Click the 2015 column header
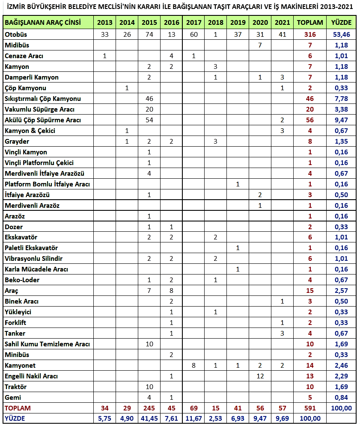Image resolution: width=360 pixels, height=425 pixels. [x=149, y=23]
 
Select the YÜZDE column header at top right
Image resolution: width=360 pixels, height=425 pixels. [x=341, y=23]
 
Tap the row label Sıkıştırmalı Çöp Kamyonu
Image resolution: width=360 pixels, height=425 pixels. [x=43, y=99]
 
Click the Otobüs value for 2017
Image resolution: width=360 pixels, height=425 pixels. [x=194, y=35]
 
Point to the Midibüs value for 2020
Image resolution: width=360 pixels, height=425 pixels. [x=260, y=45]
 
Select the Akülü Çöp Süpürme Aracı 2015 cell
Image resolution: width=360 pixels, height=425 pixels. [x=149, y=120]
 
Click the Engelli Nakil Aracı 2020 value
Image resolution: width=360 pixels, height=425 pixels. [x=260, y=376]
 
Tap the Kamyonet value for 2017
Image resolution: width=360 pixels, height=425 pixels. [x=194, y=366]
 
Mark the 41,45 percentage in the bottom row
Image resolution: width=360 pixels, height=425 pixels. [x=149, y=419]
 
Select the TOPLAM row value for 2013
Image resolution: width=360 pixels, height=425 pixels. [x=105, y=408]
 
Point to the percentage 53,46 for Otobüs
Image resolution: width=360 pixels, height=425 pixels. [x=341, y=35]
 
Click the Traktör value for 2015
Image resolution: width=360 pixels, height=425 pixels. [x=149, y=387]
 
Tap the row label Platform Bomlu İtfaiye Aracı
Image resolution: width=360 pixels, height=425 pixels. [x=47, y=184]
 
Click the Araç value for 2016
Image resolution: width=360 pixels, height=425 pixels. [x=171, y=291]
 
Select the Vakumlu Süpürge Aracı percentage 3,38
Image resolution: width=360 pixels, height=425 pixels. [x=341, y=109]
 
